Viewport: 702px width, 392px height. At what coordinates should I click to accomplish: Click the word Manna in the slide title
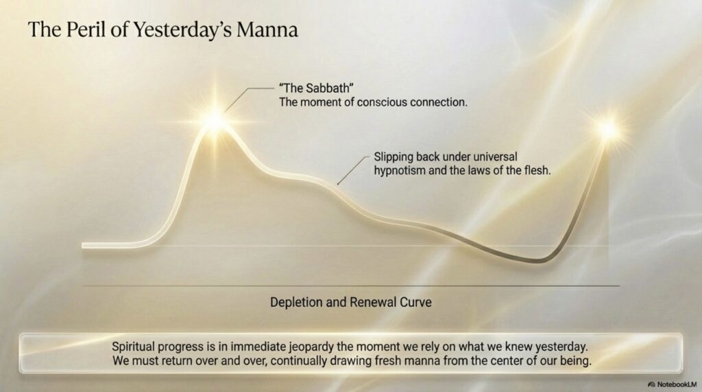pos(267,30)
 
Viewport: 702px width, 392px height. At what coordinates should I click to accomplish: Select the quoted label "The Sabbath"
pos(317,88)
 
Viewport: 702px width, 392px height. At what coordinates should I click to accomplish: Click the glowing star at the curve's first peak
pos(216,120)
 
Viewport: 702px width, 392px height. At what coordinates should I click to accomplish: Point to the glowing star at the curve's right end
pos(608,130)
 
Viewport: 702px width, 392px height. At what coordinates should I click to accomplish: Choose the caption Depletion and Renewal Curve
pos(350,302)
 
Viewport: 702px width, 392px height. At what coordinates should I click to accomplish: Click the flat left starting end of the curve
pos(84,245)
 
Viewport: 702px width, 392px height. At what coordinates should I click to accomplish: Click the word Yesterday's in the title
pos(182,30)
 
